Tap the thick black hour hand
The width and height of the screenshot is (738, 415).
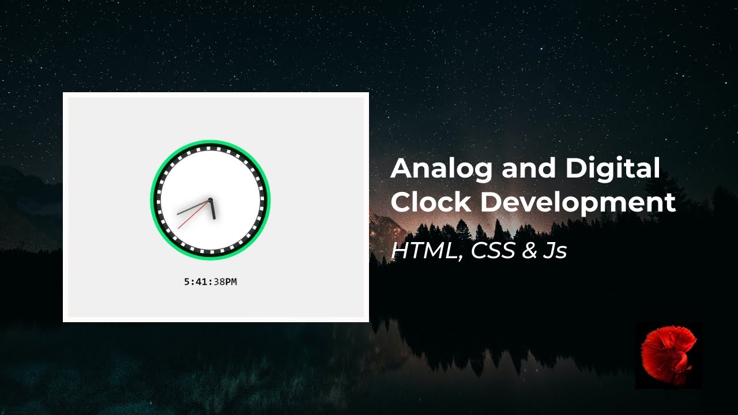212,209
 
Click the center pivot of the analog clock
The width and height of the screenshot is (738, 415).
210,200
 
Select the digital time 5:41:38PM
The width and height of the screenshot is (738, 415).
210,282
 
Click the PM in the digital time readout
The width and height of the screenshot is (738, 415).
230,282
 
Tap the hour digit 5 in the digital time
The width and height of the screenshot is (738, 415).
187,282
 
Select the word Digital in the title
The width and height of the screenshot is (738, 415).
612,169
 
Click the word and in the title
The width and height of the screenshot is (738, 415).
529,169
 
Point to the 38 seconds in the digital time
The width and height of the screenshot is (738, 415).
217,282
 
